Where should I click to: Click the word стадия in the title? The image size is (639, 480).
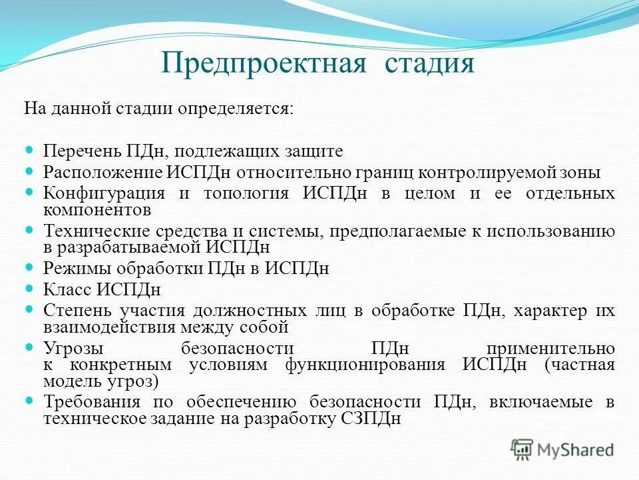click(429, 65)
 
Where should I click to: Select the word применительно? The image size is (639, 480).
click(550, 349)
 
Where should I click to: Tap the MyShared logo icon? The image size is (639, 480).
click(523, 450)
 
